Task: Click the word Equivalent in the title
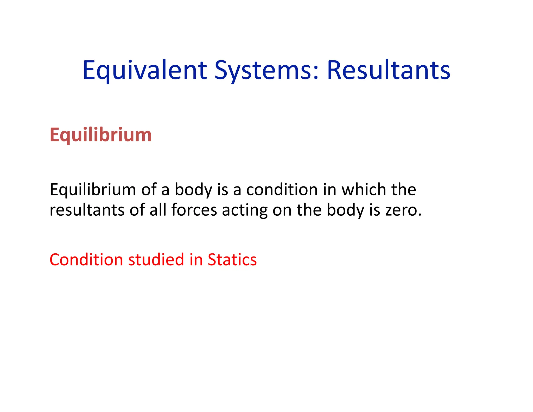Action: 145,70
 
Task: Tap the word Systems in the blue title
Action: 263,70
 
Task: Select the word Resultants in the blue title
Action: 388,70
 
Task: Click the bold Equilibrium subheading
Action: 100,135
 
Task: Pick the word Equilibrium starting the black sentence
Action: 93,190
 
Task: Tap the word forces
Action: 194,210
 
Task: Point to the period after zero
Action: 419,215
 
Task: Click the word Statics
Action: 232,260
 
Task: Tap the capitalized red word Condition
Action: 86,260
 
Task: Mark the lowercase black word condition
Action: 282,189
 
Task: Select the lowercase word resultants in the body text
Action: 87,210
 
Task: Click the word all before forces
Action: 158,210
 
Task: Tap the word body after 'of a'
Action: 193,190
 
